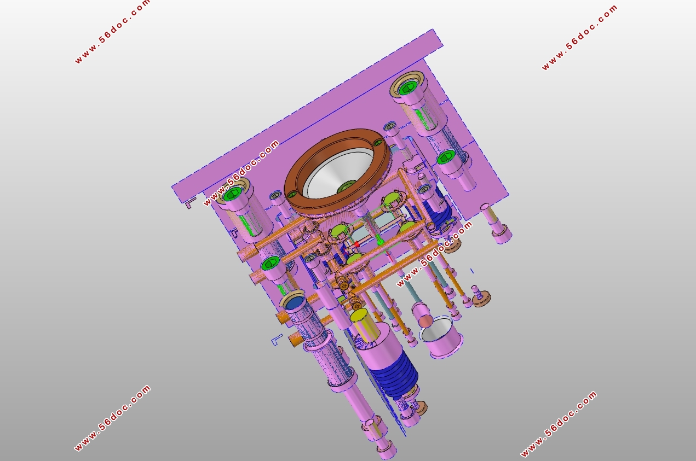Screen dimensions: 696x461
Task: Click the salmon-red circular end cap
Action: pyautogui.click(x=425, y=321)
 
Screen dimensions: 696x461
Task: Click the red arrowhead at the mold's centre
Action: pyautogui.click(x=356, y=245)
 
